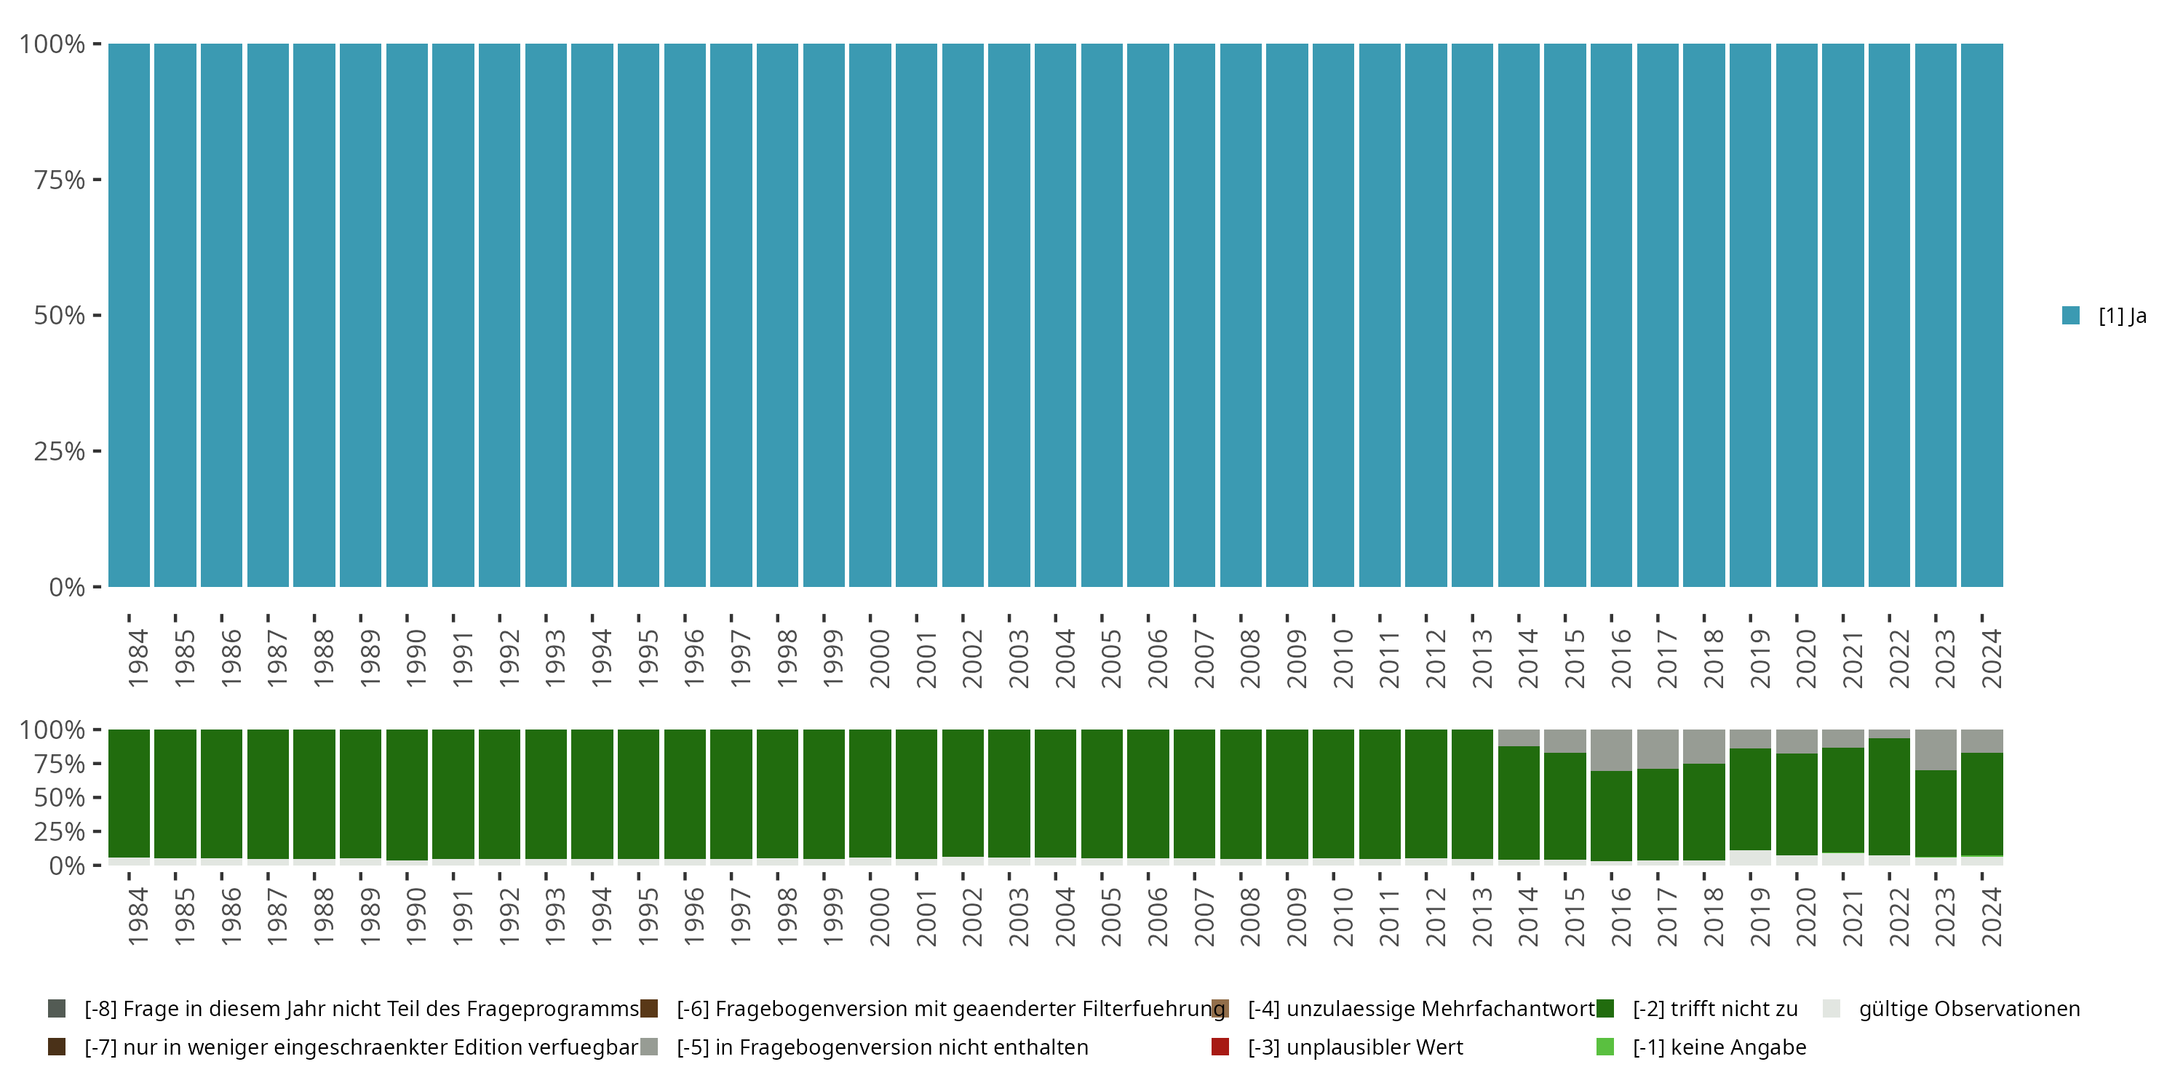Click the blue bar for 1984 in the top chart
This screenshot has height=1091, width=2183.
pos(129,315)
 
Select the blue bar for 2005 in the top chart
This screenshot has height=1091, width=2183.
pos(1102,315)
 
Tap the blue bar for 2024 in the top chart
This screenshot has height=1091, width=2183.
pos(1982,315)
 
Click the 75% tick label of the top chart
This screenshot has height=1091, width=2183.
pos(60,180)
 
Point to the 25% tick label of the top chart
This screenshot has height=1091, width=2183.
pos(60,452)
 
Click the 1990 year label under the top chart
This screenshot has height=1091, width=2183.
pos(416,658)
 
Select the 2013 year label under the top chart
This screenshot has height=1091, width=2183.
pos(1482,658)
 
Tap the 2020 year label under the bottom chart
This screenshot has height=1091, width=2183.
pos(1806,916)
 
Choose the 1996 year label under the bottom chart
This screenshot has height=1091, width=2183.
pos(694,916)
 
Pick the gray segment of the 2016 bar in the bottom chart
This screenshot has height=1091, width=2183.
pos(1611,750)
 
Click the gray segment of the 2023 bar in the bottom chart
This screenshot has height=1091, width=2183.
pos(1936,750)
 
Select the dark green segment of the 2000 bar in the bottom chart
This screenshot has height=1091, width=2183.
pos(870,793)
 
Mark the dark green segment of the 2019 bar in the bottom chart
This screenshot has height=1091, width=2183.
pos(1750,799)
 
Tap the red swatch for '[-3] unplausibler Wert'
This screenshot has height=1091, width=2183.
pos(1220,1047)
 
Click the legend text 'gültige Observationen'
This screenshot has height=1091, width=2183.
pos(1968,1009)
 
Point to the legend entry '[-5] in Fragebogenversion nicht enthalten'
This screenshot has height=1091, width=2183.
pos(881,1047)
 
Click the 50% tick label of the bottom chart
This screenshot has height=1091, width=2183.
pos(60,798)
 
